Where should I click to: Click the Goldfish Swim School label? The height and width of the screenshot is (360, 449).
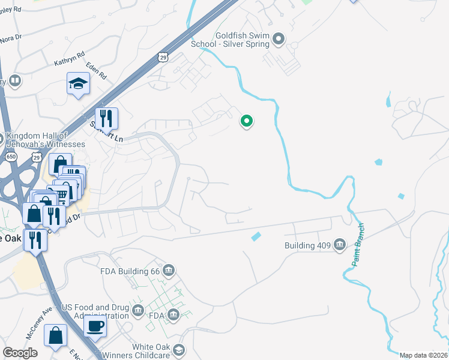(x=231, y=40)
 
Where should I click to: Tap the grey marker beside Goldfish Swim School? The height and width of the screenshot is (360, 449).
(x=278, y=40)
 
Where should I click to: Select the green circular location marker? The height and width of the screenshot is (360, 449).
(x=246, y=121)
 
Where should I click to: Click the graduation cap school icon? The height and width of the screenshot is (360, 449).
(x=78, y=83)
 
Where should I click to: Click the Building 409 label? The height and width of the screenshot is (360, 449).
(x=309, y=245)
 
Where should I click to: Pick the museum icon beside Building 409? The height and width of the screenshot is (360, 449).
(x=340, y=244)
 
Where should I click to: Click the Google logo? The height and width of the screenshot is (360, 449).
(x=20, y=353)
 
